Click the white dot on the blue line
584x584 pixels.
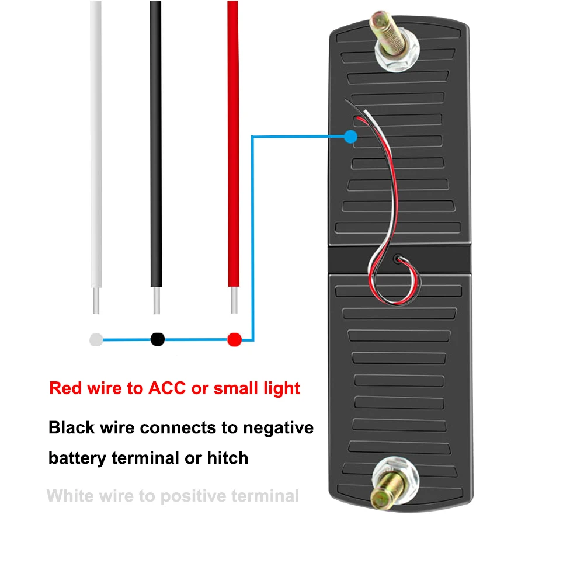[96, 339]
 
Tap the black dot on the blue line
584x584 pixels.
[158, 339]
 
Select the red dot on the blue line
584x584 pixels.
[234, 339]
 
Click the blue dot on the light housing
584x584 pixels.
[350, 137]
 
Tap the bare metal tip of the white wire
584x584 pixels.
[96, 300]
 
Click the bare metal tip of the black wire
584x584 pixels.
[157, 300]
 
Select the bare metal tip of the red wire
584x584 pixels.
[234, 300]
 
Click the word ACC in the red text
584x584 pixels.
[167, 388]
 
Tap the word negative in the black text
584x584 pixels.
[278, 427]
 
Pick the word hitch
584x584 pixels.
[228, 458]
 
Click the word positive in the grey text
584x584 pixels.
[193, 496]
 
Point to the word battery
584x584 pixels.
[77, 458]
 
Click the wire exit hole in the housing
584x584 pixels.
[398, 258]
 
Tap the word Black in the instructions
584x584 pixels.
[71, 427]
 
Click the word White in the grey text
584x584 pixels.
[67, 496]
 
